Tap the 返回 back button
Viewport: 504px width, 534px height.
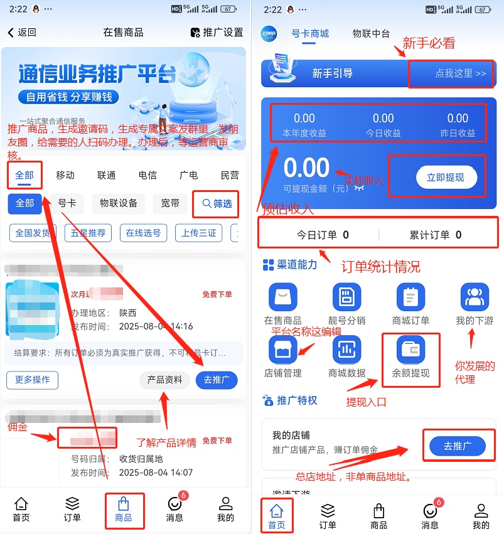22,33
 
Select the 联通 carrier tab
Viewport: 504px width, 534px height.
106,175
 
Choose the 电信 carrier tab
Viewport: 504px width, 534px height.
147,175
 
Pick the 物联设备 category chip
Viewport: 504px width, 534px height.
119,203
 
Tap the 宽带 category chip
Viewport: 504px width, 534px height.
170,203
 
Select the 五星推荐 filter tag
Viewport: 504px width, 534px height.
88,233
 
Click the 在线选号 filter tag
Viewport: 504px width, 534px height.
143,233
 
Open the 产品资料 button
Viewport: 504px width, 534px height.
164,380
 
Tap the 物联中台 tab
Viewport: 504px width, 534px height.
371,34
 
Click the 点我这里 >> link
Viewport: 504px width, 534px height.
460,73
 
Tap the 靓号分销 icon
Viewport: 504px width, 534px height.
347,297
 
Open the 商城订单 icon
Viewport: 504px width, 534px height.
410,297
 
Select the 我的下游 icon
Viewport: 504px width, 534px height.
475,297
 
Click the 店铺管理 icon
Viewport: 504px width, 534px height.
282,350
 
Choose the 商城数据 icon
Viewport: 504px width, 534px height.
347,350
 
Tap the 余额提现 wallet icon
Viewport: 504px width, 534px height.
410,350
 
